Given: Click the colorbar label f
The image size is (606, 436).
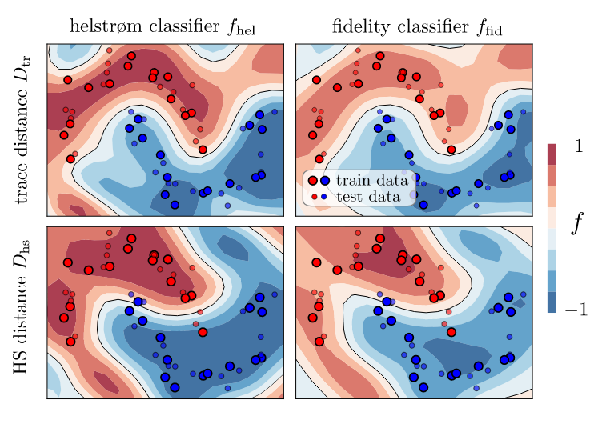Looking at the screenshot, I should click(x=576, y=226).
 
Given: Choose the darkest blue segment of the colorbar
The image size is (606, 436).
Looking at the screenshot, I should click(x=552, y=302).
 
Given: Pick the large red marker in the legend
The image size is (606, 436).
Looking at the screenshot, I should click(x=313, y=182).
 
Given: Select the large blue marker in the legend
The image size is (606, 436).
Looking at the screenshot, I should click(x=325, y=182).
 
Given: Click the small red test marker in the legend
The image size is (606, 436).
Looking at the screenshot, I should click(x=315, y=196).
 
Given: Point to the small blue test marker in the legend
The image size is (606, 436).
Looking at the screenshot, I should click(x=324, y=196).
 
